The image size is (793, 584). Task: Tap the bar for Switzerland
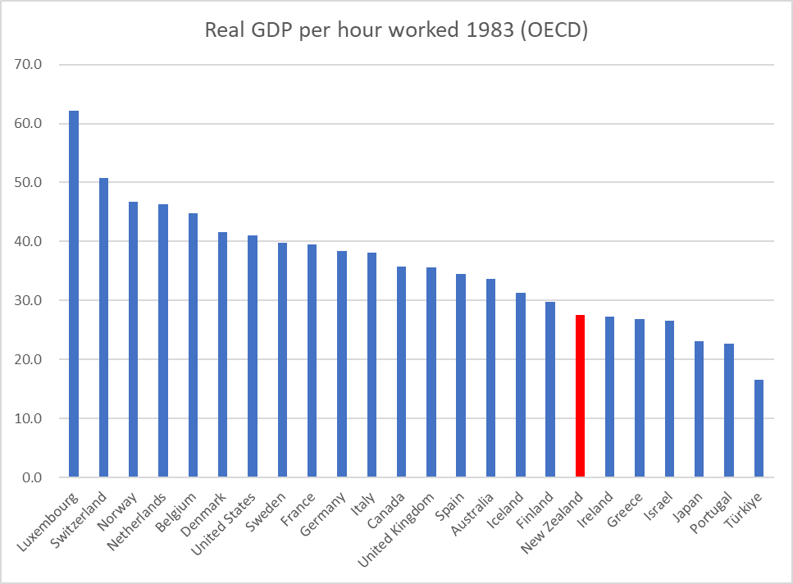coord(103,327)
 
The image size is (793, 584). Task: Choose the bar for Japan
coord(699,409)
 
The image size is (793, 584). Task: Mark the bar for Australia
coord(490,378)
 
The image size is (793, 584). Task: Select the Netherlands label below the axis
coord(139,521)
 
